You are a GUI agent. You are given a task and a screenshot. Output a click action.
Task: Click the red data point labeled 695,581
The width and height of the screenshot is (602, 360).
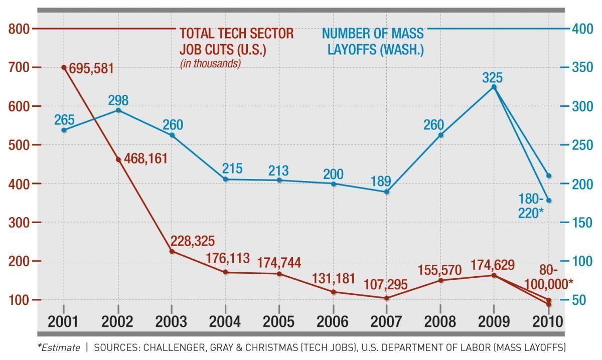(64, 67)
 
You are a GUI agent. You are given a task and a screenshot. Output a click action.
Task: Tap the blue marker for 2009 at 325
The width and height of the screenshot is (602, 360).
(494, 87)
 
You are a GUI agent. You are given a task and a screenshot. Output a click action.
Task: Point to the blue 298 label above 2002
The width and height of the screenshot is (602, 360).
(118, 100)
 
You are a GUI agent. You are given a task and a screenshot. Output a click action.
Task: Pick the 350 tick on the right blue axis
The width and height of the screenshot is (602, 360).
(582, 68)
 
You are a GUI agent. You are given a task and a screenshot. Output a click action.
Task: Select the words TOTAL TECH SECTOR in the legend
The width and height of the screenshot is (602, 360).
(236, 34)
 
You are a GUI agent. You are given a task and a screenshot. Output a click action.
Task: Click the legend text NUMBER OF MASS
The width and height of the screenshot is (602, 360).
(373, 34)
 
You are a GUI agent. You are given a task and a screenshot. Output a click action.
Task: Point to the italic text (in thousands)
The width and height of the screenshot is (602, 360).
(210, 64)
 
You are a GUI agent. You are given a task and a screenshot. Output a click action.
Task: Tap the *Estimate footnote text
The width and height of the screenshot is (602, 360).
(59, 347)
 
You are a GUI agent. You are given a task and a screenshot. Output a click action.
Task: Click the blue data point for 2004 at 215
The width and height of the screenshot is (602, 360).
(225, 179)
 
